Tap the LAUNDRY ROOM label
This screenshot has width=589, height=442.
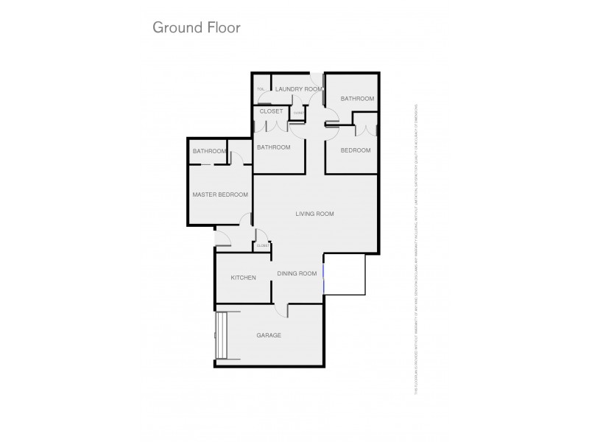[x=298, y=89]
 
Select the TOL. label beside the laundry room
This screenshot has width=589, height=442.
[x=261, y=90]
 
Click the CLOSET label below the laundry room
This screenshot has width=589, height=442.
[x=272, y=111]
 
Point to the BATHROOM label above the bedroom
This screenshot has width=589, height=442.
[x=357, y=98]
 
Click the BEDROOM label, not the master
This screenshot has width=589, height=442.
[x=355, y=150]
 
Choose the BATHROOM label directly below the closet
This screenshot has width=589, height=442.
[x=273, y=147]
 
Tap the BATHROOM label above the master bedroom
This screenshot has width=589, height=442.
[x=209, y=152]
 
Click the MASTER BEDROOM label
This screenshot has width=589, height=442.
[x=220, y=194]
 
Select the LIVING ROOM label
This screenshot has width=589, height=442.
[x=314, y=214]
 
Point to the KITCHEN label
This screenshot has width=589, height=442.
[x=243, y=278]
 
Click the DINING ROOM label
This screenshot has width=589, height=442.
[x=297, y=273]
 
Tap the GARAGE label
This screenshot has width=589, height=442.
[x=269, y=335]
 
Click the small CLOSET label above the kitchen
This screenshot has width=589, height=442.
[x=261, y=245]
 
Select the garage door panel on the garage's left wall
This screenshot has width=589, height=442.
[x=222, y=335]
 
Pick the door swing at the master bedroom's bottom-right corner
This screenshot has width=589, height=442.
[x=246, y=220]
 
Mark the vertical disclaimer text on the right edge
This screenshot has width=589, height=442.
[x=417, y=250]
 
